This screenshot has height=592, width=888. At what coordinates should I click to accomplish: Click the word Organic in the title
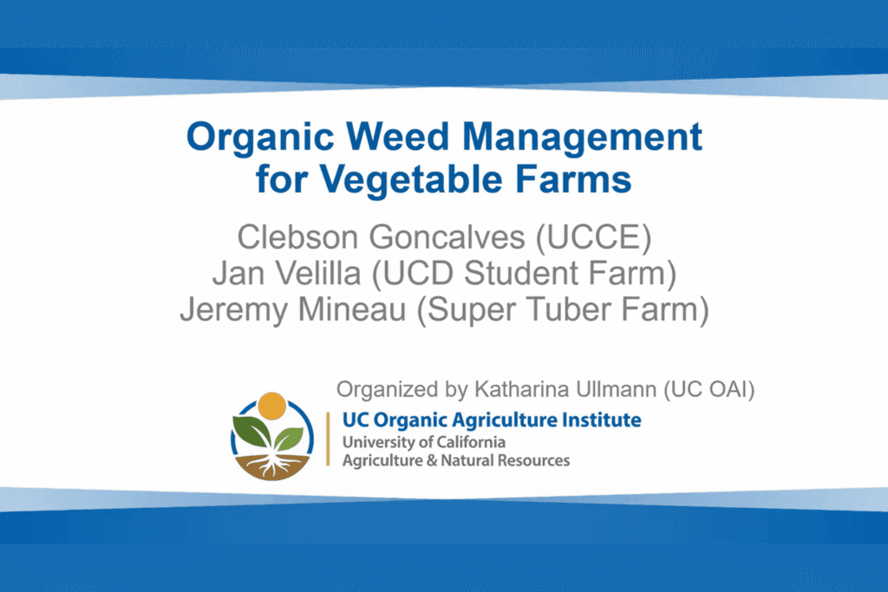click(260, 138)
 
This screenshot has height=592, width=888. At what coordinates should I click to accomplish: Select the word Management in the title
click(582, 138)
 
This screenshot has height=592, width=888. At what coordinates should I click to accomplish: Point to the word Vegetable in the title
click(410, 180)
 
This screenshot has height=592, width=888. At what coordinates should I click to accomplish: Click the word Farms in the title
click(573, 179)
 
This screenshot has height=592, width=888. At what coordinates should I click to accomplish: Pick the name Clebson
click(297, 237)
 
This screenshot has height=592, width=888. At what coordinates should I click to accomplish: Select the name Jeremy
click(233, 310)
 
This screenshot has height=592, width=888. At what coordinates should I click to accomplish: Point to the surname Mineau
click(352, 309)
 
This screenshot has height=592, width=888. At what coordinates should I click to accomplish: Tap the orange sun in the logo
click(272, 406)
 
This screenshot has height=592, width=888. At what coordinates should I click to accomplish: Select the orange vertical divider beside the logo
click(328, 439)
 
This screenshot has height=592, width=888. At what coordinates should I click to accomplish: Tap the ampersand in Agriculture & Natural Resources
click(432, 461)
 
